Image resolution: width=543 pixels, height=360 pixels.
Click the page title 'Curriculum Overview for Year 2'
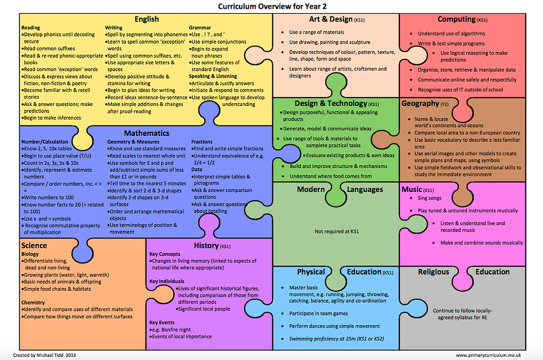tap(272, 6)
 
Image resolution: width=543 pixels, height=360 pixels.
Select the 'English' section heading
tap(146, 19)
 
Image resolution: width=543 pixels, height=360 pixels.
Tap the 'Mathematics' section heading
tap(146, 133)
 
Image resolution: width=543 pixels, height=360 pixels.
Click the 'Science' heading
tap(34, 245)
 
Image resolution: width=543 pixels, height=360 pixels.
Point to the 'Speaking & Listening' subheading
tap(213, 76)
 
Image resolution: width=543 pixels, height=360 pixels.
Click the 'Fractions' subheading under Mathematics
tap(202, 141)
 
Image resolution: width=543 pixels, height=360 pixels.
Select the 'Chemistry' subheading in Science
tap(33, 302)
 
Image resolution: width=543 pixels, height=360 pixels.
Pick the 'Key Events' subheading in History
tap(162, 323)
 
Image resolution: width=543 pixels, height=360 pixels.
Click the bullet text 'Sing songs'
tap(429, 198)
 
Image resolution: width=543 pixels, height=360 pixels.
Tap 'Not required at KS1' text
tap(337, 231)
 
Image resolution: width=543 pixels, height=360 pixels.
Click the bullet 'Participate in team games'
tap(318, 313)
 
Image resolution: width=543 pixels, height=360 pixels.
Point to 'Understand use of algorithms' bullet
tap(451, 34)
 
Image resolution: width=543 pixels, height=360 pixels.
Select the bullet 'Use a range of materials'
tap(317, 32)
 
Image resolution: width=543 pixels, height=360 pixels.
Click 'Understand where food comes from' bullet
tap(331, 176)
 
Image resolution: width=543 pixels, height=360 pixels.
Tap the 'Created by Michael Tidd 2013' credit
tap(44, 355)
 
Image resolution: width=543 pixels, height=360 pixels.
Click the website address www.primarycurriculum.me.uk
tap(488, 355)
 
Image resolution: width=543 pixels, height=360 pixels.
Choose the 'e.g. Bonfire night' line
tap(170, 329)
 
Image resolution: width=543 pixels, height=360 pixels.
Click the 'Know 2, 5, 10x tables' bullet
tap(47, 149)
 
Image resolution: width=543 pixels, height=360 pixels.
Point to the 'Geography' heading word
tap(420, 103)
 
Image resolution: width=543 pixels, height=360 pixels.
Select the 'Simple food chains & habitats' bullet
tap(57, 288)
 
